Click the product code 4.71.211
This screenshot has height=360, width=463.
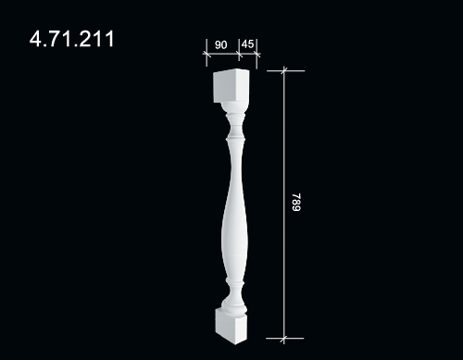[71, 39]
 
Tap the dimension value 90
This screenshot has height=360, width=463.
[220, 45]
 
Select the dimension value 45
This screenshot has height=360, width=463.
[247, 44]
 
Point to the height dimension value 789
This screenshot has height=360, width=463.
[296, 203]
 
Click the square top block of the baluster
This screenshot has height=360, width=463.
[231, 86]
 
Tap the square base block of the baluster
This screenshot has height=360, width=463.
[231, 327]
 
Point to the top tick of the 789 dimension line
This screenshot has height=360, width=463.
[284, 70]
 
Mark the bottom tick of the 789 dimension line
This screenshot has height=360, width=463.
[283, 339]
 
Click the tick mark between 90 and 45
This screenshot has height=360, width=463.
[239, 55]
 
